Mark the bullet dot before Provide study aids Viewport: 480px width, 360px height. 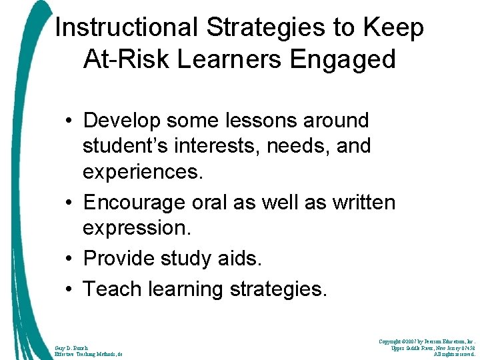click(x=69, y=259)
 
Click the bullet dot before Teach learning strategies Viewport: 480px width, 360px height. click(x=69, y=289)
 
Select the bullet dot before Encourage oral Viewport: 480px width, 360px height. click(x=69, y=203)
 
